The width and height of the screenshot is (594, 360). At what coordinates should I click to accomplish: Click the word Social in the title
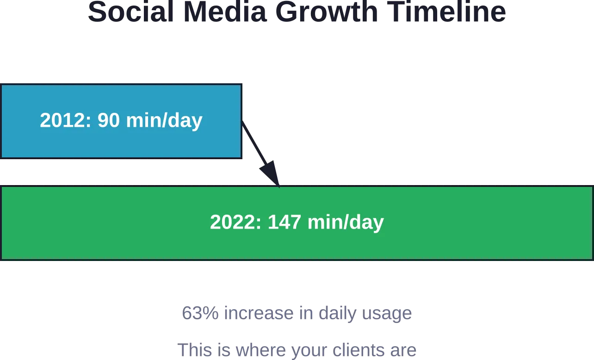pyautogui.click(x=131, y=12)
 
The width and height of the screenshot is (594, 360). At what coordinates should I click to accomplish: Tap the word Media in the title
pyautogui.click(x=225, y=12)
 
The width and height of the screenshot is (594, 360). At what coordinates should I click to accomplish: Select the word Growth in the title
pyautogui.click(x=327, y=12)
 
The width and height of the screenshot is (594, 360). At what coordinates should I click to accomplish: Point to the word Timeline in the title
pyautogui.click(x=446, y=12)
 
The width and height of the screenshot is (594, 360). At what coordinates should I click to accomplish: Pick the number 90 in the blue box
pyautogui.click(x=108, y=120)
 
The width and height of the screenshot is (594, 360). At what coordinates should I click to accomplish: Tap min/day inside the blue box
pyautogui.click(x=164, y=121)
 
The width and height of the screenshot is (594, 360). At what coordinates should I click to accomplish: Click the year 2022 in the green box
pyautogui.click(x=235, y=222)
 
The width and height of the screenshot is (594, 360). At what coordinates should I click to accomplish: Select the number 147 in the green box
pyautogui.click(x=284, y=222)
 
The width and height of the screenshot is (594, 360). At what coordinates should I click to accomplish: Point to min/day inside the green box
pyautogui.click(x=346, y=223)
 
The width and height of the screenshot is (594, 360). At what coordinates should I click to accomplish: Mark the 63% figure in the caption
pyautogui.click(x=200, y=313)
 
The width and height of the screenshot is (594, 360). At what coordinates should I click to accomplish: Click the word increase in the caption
pyautogui.click(x=259, y=313)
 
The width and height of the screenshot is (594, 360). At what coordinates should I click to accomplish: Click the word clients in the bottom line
pyautogui.click(x=358, y=350)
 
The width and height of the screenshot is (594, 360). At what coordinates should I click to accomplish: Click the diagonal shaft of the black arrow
pyautogui.click(x=254, y=143)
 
